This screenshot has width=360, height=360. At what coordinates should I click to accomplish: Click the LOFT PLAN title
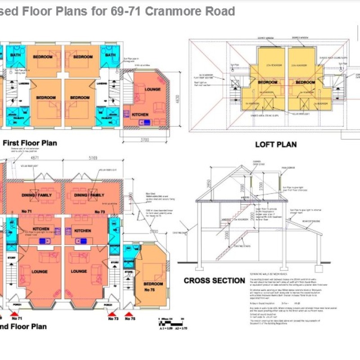click(x=276, y=144)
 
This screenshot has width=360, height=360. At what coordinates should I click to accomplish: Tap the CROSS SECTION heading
click(x=214, y=281)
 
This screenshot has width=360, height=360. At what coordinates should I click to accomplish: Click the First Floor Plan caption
click(x=30, y=143)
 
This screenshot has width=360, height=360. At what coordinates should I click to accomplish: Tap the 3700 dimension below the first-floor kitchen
click(x=144, y=140)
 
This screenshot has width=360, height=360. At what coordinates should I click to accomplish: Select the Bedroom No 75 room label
click(x=153, y=287)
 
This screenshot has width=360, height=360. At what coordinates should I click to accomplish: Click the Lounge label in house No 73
click(x=79, y=271)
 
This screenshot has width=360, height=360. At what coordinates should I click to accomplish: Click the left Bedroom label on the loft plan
click(x=267, y=82)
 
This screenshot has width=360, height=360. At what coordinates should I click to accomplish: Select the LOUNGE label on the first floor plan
click(x=153, y=89)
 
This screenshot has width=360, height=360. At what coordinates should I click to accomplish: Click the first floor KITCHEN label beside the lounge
click(x=140, y=115)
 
